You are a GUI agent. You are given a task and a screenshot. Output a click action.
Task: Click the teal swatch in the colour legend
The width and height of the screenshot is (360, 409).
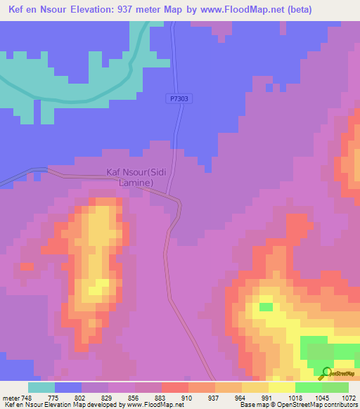coord(41,387)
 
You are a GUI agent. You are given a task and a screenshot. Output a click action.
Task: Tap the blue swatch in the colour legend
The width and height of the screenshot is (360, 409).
coord(68,387)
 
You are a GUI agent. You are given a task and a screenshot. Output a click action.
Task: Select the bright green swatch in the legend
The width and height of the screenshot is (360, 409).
coord(309,387)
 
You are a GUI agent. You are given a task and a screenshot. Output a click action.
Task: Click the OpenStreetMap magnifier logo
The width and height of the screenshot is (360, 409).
coord(326,372)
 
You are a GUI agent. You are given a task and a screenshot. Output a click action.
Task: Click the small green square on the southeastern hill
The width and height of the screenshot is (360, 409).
coord(266,306)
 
